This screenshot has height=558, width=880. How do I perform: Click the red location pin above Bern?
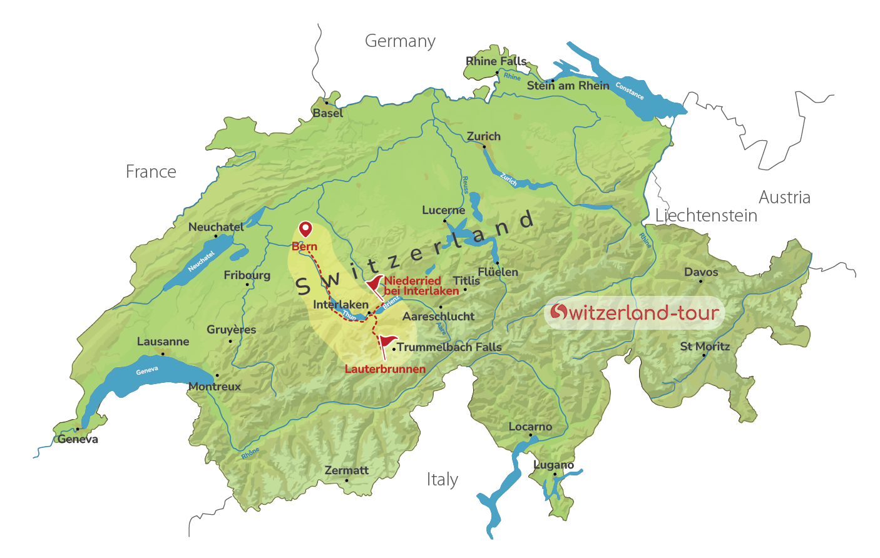coord(305,229)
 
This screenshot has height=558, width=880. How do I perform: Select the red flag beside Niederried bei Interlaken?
coord(375,285)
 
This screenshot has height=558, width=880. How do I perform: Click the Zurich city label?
coord(484,136)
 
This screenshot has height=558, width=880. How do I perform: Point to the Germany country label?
coord(400,41)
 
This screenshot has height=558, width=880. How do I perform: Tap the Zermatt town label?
coord(347,470)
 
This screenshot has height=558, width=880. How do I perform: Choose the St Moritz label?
coord(705,347)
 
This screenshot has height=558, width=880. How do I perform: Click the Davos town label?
coord(701,272)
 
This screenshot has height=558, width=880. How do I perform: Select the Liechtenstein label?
coord(706,216)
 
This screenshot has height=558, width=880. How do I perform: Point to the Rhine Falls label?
coord(496,61)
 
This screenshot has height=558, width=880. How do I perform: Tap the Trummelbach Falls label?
coord(449,347)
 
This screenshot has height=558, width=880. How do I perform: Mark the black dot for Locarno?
coord(531,435)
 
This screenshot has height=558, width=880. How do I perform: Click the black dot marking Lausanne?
coord(163,353)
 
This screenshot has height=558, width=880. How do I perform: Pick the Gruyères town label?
coord(231,330)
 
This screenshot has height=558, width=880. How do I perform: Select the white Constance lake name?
coord(629,91)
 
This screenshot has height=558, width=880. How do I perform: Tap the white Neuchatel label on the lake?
coord(201,261)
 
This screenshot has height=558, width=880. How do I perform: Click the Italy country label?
coord(443,480)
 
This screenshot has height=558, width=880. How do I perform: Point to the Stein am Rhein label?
coord(568,86)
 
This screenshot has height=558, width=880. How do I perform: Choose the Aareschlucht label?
coord(438,317)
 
